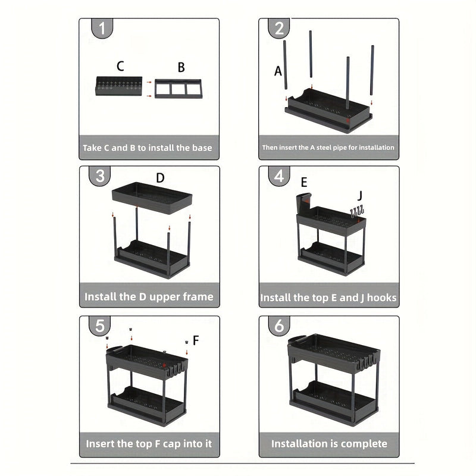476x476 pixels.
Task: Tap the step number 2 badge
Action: tap(278, 28)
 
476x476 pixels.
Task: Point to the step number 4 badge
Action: tap(278, 176)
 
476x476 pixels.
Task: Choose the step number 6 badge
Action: tap(278, 325)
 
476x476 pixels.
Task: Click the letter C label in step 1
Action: tap(120, 67)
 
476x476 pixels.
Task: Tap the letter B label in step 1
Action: tap(181, 67)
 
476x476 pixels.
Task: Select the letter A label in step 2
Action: tap(278, 71)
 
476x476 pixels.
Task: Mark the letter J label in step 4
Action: tap(360, 195)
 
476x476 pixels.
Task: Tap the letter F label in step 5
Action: tap(196, 340)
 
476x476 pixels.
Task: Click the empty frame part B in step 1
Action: tap(178, 89)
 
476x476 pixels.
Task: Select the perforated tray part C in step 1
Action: tap(118, 86)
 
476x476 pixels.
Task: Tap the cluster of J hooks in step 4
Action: tap(357, 211)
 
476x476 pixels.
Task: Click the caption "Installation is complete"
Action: tap(329, 443)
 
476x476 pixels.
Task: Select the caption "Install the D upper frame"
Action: tap(149, 296)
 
